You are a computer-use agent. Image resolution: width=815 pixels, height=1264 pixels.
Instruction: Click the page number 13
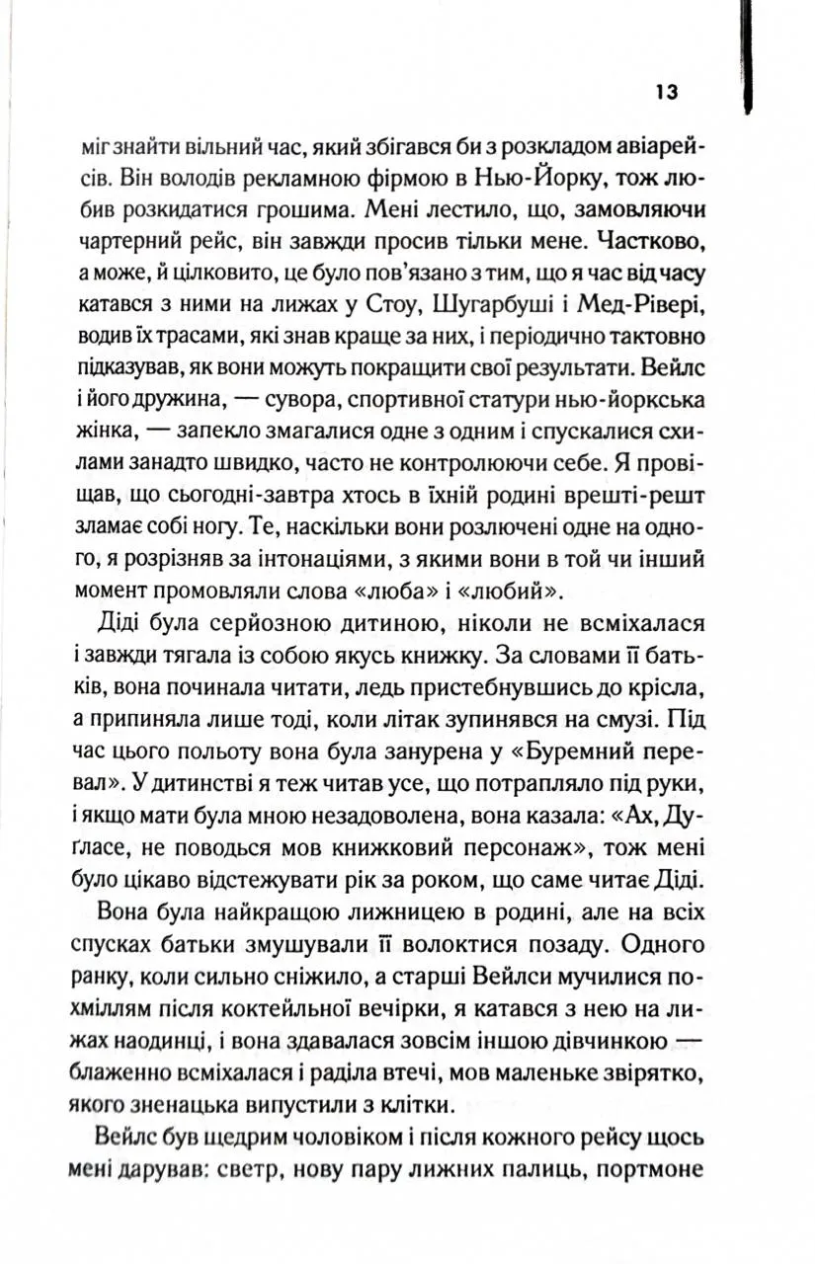[x=664, y=93]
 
